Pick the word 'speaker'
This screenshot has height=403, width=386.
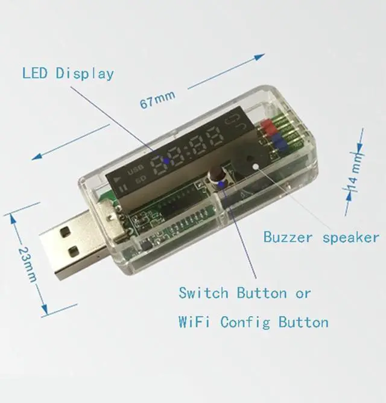coord(350,237)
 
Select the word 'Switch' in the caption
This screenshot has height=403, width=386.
coord(203,293)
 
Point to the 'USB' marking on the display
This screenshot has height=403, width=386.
coord(136,167)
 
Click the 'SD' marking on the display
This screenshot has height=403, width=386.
coord(141,179)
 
